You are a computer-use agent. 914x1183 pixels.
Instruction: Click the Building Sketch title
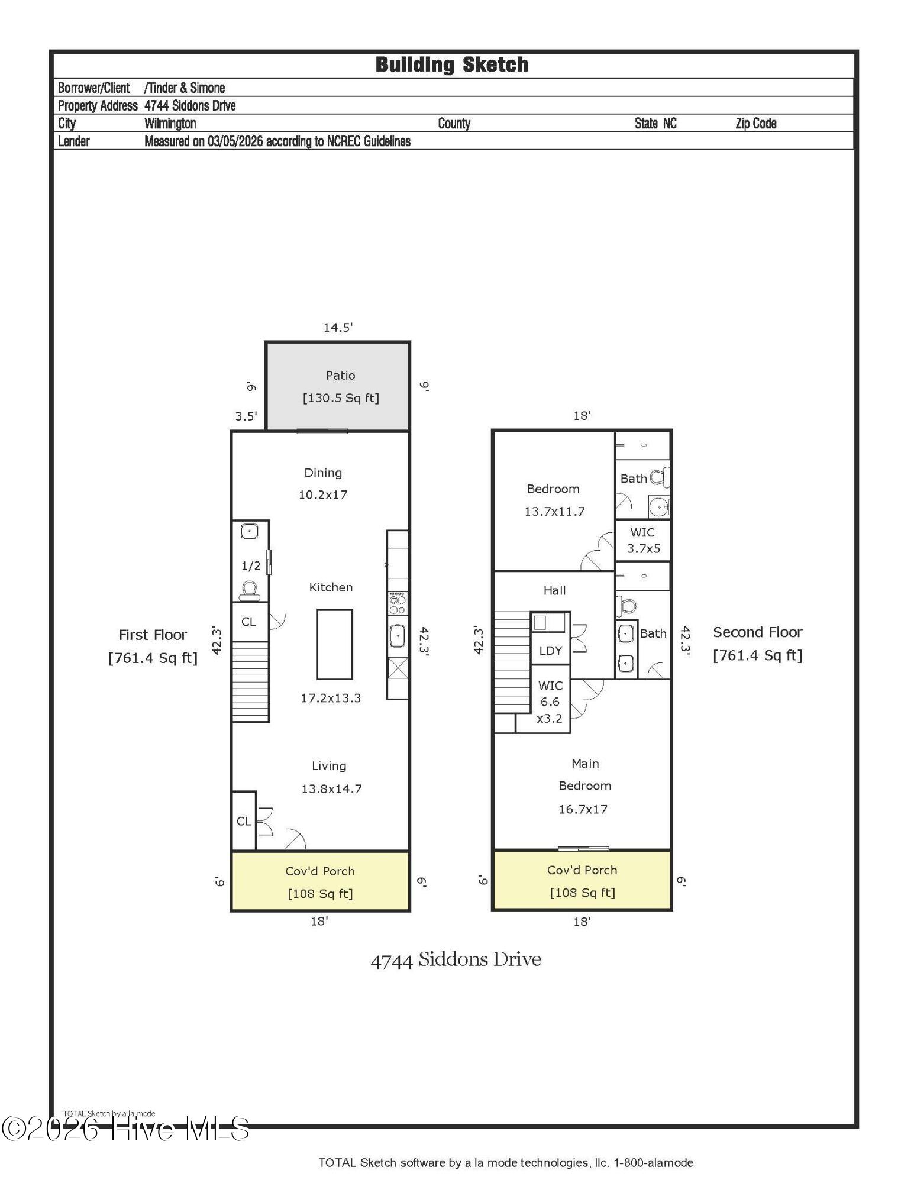[x=451, y=64]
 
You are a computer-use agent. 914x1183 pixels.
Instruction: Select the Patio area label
[x=340, y=376]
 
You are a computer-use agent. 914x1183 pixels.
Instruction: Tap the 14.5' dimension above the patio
[x=338, y=327]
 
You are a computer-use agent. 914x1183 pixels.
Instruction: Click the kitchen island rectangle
[x=334, y=644]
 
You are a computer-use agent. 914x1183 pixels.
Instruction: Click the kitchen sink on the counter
[x=398, y=636]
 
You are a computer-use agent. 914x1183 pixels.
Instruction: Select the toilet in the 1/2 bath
[x=249, y=590]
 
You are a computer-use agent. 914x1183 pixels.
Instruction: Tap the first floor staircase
[x=250, y=681]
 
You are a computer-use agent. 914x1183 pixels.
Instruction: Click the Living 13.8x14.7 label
[x=331, y=777]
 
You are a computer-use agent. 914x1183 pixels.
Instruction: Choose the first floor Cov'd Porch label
[x=320, y=871]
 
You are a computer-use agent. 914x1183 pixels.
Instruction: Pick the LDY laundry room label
[x=550, y=651]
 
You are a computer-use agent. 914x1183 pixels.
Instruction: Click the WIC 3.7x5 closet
[x=643, y=540]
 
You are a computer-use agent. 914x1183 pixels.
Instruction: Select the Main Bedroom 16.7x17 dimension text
[x=583, y=809]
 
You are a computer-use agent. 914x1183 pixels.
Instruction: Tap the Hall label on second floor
[x=554, y=590]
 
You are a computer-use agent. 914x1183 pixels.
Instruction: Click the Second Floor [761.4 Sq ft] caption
[x=757, y=644]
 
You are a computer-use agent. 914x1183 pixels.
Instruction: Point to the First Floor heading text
[x=153, y=635]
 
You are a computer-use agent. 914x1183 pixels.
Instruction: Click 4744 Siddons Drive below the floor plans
[x=456, y=959]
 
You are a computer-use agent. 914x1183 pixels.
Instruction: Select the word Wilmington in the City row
[x=170, y=123]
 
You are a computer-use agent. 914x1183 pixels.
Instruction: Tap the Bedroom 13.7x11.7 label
[x=554, y=500]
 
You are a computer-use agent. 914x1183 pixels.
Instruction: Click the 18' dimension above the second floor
[x=582, y=416]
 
